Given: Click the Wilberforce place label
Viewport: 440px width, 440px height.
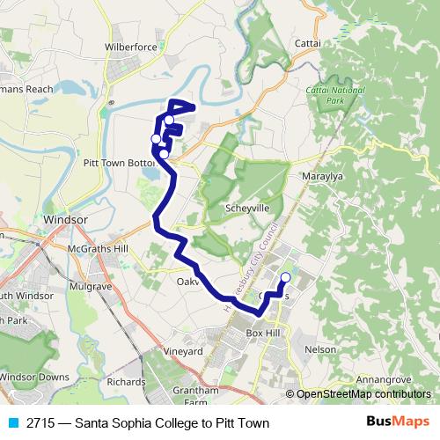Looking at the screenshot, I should (x=129, y=46).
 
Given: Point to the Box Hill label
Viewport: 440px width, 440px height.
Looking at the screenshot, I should (x=267, y=334).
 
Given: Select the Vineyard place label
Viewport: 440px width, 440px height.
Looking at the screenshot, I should (x=183, y=351).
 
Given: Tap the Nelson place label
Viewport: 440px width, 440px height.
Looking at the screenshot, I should (x=320, y=349).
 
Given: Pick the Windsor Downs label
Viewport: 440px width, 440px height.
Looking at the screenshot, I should (x=34, y=377).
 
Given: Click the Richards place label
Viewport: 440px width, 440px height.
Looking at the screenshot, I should (x=126, y=382).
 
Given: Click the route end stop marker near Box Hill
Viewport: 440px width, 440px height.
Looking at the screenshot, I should (x=285, y=279).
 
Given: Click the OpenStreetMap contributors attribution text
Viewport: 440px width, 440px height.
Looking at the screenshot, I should (x=363, y=395).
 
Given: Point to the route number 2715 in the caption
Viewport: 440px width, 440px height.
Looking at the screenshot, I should (x=41, y=423).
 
